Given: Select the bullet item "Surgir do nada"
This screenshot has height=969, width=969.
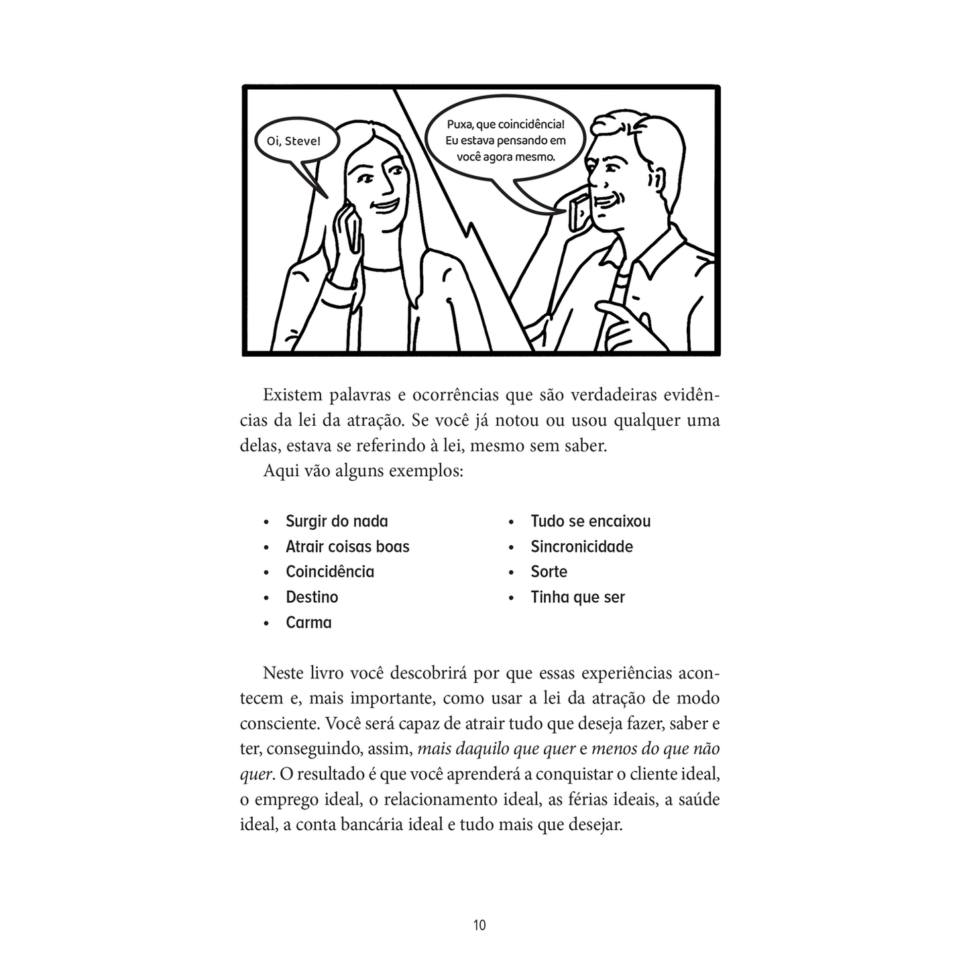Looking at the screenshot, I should click(337, 521).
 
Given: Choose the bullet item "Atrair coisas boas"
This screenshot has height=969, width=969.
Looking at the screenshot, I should click(347, 547).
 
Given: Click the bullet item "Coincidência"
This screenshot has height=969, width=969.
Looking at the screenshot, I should click(330, 572).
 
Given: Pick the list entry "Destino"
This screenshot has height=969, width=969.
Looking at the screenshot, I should click(312, 597).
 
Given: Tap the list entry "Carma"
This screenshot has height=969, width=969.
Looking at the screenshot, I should click(308, 622).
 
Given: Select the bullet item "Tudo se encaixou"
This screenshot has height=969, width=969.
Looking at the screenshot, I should click(590, 521).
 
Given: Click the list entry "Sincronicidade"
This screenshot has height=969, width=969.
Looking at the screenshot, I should click(581, 547).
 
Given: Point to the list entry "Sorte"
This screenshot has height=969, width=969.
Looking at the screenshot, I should click(549, 572).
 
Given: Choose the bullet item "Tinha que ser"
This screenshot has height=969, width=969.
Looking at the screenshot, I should click(577, 597).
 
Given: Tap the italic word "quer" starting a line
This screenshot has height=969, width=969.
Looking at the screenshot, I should click(255, 774).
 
